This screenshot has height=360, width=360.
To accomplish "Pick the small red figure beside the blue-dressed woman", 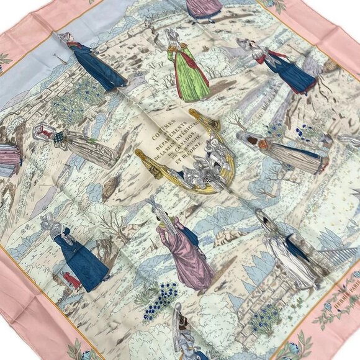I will (x=72, y=281).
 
